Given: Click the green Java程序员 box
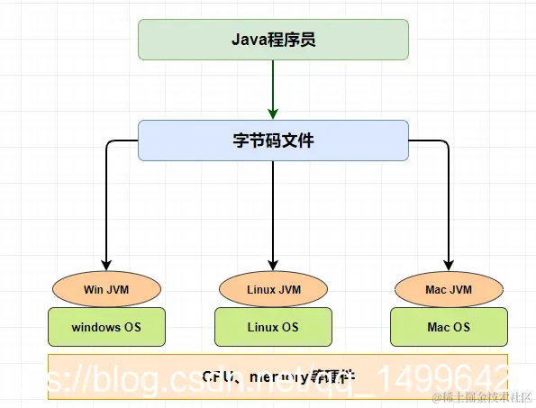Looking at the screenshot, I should (273, 40).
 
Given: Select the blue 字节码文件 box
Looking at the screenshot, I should (273, 141).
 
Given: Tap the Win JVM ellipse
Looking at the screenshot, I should (106, 289).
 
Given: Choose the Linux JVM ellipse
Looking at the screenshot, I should (273, 289).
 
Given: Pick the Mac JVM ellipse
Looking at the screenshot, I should (449, 289).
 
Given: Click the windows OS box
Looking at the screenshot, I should (106, 327).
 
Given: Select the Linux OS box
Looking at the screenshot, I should (273, 327).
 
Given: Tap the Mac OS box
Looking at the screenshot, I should (449, 327).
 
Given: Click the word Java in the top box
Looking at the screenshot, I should (245, 40).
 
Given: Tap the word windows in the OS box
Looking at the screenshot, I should (95, 327).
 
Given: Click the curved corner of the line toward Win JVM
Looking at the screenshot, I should (109, 143).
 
